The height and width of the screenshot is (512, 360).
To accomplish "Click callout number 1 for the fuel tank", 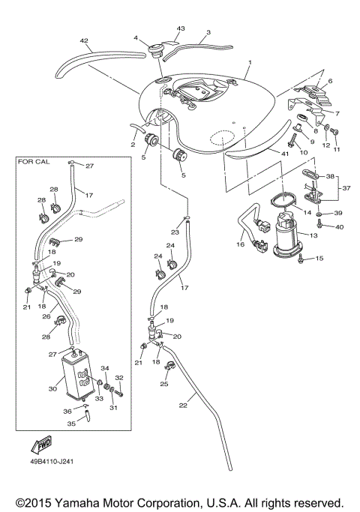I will click(x=250, y=64).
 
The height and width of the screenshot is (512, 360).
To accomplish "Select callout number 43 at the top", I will click(x=180, y=28).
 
